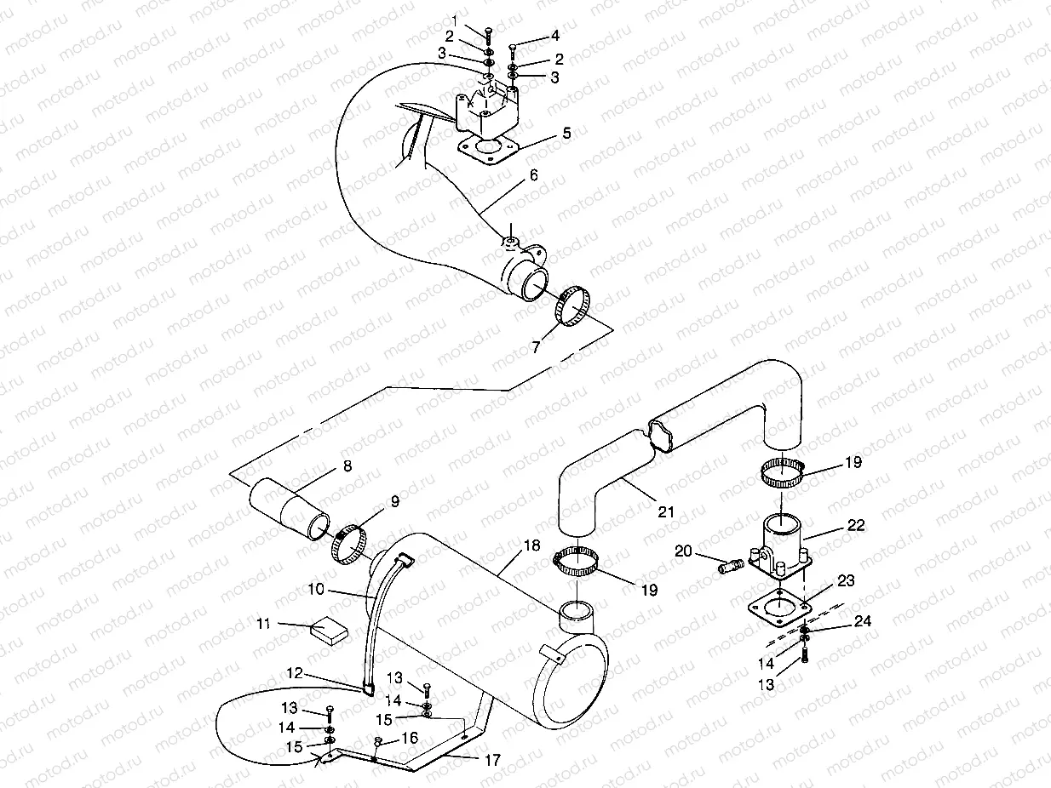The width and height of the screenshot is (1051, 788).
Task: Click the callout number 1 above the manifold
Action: coord(455,20)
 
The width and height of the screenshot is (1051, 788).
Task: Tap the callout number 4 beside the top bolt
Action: coord(554,36)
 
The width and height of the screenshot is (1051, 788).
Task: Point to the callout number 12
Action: coord(294,673)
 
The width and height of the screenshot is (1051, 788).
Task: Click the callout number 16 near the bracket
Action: coord(409,738)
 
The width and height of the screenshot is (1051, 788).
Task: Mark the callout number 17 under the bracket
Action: coord(491,760)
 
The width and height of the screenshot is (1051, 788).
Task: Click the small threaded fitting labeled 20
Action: coord(730,566)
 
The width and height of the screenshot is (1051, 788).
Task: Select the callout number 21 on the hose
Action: coord(665,511)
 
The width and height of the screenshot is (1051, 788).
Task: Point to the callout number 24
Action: coord(862,622)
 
